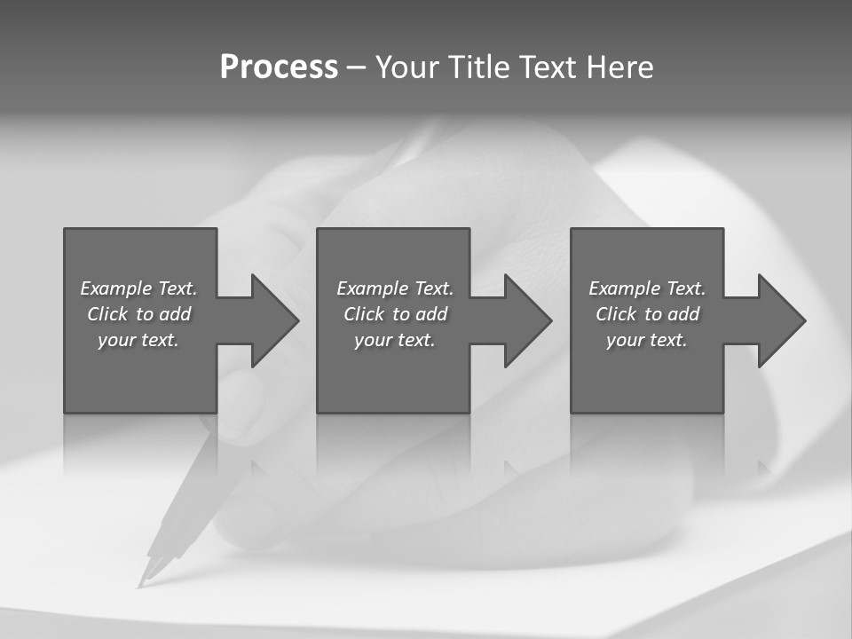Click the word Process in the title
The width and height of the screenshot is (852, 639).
[279, 67]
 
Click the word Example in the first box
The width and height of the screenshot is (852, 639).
[116, 288]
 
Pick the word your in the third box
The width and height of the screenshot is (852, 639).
[625, 340]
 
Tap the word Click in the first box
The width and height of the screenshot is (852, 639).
[106, 314]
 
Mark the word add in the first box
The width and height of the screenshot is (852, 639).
[175, 314]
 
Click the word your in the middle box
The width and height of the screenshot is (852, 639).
[373, 340]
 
